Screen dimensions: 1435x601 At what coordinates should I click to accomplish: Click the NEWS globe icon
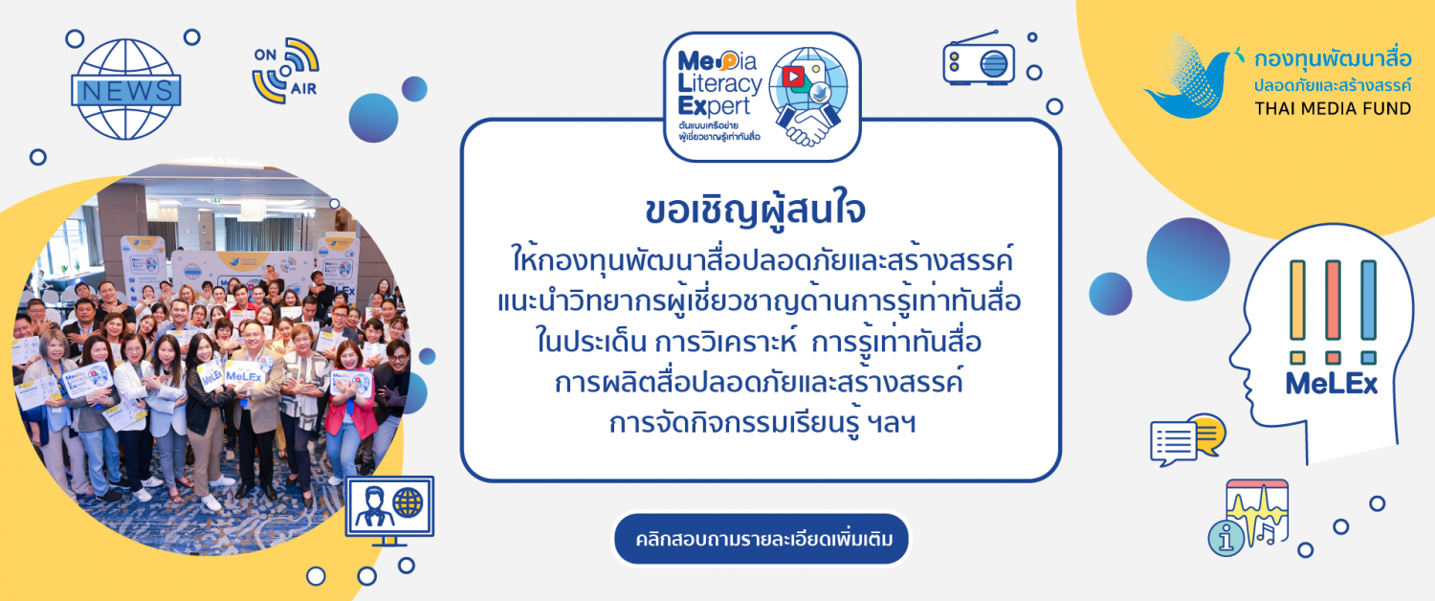[125, 90]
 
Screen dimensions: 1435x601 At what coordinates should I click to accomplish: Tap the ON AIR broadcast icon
[286, 71]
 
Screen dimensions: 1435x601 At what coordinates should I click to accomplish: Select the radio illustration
[979, 58]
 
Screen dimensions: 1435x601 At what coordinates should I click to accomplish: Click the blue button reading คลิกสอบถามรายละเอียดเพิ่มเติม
[762, 539]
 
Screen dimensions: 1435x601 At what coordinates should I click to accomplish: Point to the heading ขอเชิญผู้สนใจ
[756, 211]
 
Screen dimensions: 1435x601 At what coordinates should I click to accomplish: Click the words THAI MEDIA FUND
[1333, 109]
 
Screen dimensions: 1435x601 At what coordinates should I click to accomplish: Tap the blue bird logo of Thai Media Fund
[1192, 77]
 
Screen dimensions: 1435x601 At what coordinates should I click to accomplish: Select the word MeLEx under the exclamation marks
[1332, 384]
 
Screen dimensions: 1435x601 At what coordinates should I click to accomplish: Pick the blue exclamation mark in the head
[1368, 311]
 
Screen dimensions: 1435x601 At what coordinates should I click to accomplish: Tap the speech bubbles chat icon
[1188, 439]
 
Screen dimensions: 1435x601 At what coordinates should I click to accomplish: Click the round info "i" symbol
[1225, 538]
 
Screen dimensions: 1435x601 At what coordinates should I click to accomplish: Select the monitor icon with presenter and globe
[389, 511]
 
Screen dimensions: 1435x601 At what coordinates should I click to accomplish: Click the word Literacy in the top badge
[719, 83]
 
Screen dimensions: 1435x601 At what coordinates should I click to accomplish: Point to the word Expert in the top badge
[714, 106]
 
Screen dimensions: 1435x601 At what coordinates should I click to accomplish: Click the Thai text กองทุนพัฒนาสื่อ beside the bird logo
[1333, 59]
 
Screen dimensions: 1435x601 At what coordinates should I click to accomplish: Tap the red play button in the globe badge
[793, 77]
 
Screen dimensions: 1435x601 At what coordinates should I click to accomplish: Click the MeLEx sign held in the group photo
[243, 376]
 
